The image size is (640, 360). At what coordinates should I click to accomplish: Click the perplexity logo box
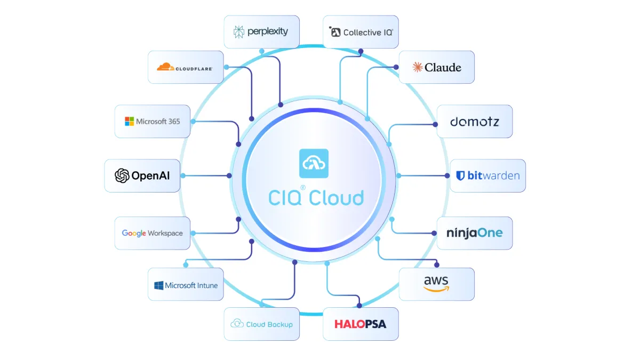click(x=262, y=31)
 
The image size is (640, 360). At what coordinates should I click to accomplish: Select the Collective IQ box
click(x=361, y=31)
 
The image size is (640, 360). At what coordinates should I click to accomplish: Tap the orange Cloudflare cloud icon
click(x=165, y=67)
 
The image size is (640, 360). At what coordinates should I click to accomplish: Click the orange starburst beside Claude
click(x=418, y=67)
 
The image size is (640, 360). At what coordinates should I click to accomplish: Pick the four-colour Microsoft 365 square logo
click(x=129, y=121)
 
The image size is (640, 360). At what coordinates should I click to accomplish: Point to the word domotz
click(x=475, y=122)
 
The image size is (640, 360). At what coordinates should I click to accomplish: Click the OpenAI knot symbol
click(x=122, y=175)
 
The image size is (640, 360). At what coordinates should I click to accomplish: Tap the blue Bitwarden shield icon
click(x=460, y=175)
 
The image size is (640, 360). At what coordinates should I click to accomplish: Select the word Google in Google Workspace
click(x=134, y=233)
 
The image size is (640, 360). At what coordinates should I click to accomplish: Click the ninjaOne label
click(x=475, y=233)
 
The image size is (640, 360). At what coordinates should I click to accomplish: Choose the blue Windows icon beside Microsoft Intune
click(x=158, y=285)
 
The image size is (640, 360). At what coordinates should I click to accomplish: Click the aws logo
click(x=436, y=284)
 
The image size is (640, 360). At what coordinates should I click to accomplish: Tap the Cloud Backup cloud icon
click(x=237, y=323)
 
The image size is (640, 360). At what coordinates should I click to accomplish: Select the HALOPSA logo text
click(x=361, y=324)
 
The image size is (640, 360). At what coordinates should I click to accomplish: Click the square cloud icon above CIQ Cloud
click(x=314, y=163)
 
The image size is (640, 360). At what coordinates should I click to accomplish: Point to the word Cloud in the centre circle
click(x=336, y=197)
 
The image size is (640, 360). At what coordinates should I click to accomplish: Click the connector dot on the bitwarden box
click(x=447, y=175)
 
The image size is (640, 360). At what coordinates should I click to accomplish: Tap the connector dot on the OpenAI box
click(x=183, y=175)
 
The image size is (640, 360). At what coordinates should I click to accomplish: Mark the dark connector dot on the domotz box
click(x=435, y=124)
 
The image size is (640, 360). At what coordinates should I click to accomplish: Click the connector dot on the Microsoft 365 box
click(x=193, y=122)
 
